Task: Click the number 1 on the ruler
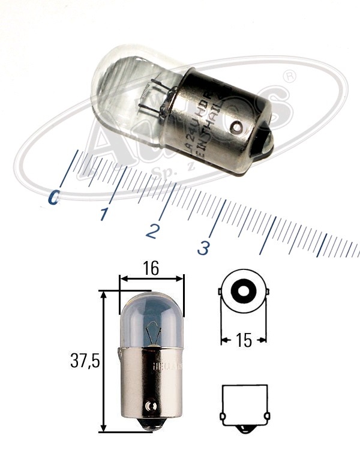click(x=105, y=214)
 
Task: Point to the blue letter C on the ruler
click(x=55, y=197)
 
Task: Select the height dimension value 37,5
click(x=84, y=361)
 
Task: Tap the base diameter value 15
click(x=244, y=340)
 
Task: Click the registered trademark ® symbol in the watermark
click(x=290, y=77)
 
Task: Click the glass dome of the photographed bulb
click(x=123, y=90)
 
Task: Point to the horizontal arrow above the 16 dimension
click(x=151, y=278)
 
